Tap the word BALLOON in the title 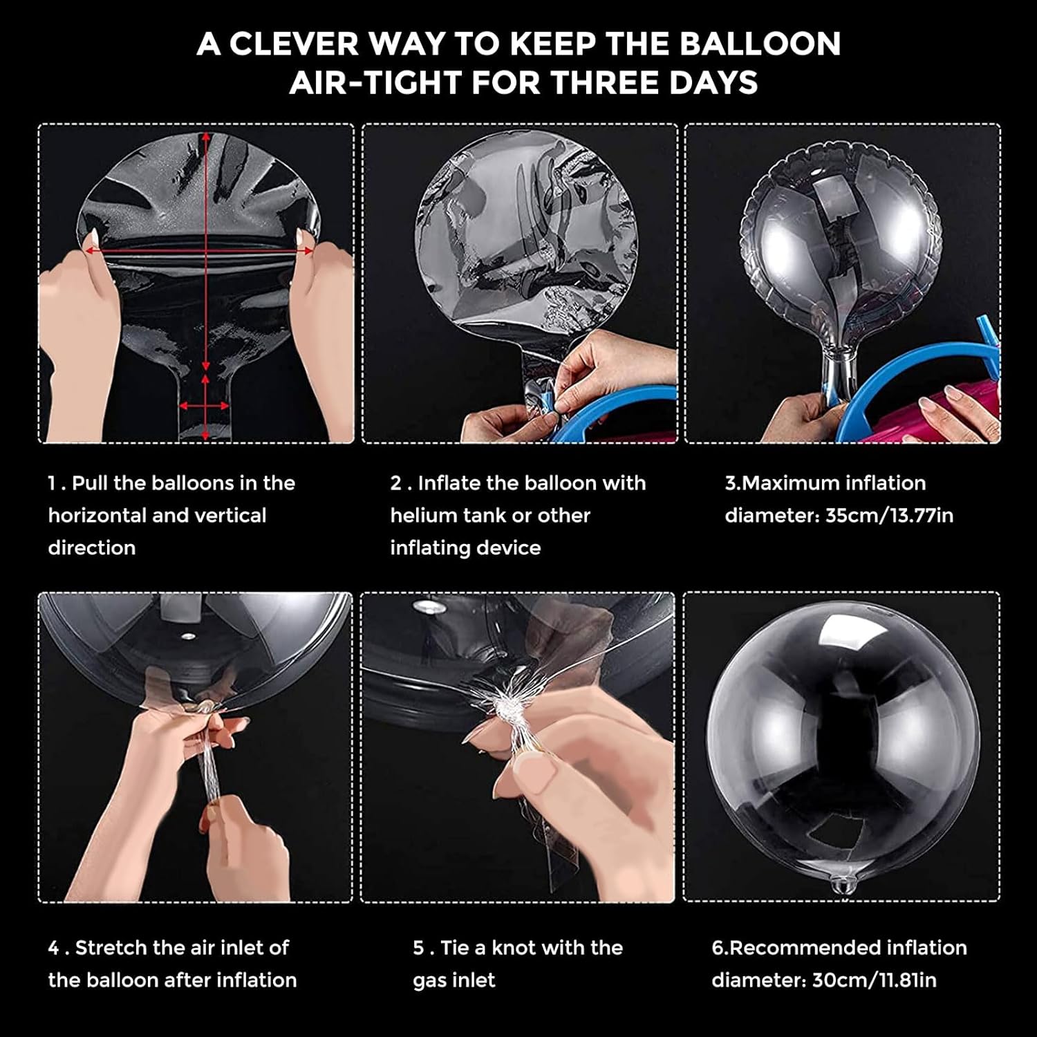tap(760, 44)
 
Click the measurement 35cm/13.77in tap(889, 516)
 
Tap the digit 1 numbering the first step tap(52, 483)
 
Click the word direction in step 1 tap(91, 548)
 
